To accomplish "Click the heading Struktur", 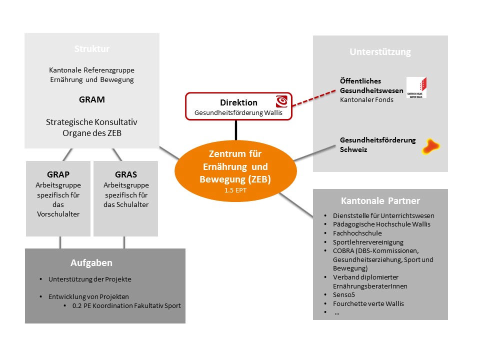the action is click(x=92, y=48).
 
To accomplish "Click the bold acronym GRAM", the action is click(x=92, y=99).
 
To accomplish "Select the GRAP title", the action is click(x=58, y=174).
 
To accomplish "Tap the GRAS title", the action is click(x=126, y=174).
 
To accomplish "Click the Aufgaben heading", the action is click(x=91, y=262).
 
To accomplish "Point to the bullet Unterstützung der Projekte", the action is click(x=89, y=279).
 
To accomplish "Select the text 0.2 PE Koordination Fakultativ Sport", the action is click(x=126, y=305).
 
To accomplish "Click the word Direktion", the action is click(x=239, y=102).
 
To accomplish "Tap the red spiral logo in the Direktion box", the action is click(x=281, y=101).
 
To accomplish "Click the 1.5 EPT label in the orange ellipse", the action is click(x=235, y=190).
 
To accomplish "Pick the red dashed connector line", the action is click(x=314, y=98).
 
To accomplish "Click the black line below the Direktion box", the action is click(x=236, y=130).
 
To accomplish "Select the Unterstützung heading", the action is click(x=380, y=51).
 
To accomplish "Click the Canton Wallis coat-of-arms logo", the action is click(x=416, y=87).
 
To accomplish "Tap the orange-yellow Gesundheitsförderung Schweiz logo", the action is click(x=430, y=146).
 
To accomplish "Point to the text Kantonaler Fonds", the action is click(x=366, y=100).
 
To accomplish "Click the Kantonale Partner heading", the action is click(x=380, y=201).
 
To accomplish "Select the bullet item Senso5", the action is click(x=344, y=295).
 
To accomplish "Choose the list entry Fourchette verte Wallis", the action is click(x=368, y=303).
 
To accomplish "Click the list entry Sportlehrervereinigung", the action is click(x=368, y=242).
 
